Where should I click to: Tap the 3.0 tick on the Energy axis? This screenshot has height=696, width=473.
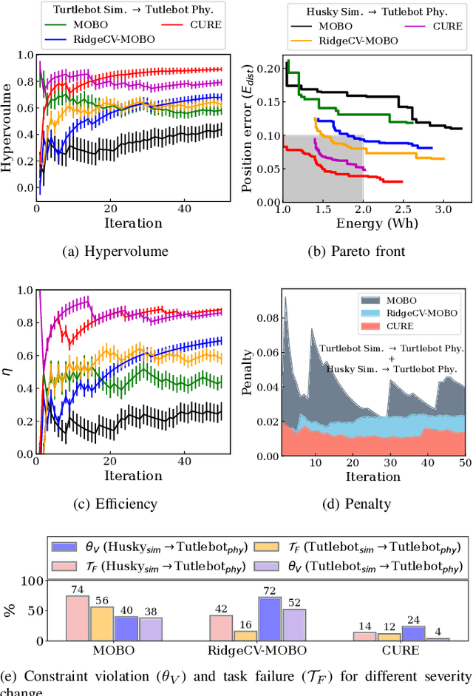pyautogui.click(x=443, y=210)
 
